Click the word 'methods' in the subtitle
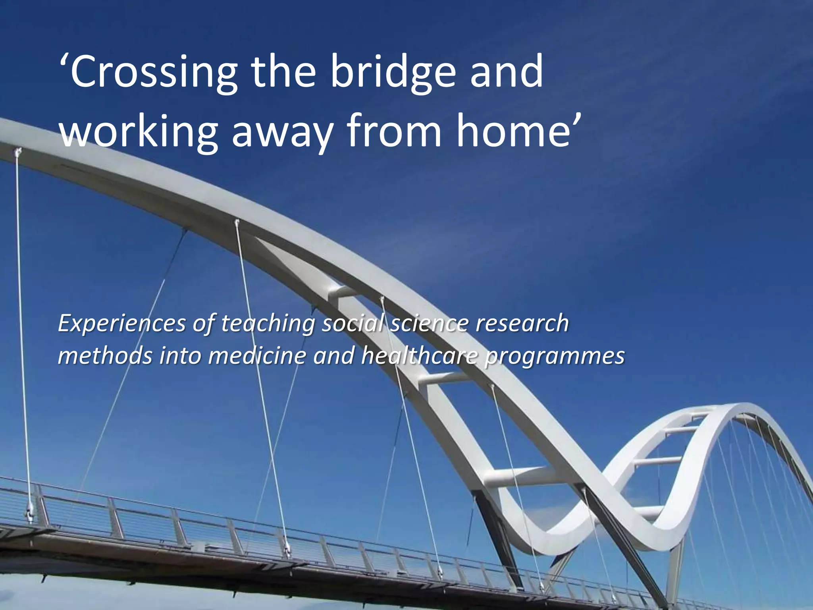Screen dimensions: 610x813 (x=105, y=356)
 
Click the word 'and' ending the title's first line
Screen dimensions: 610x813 (x=507, y=71)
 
